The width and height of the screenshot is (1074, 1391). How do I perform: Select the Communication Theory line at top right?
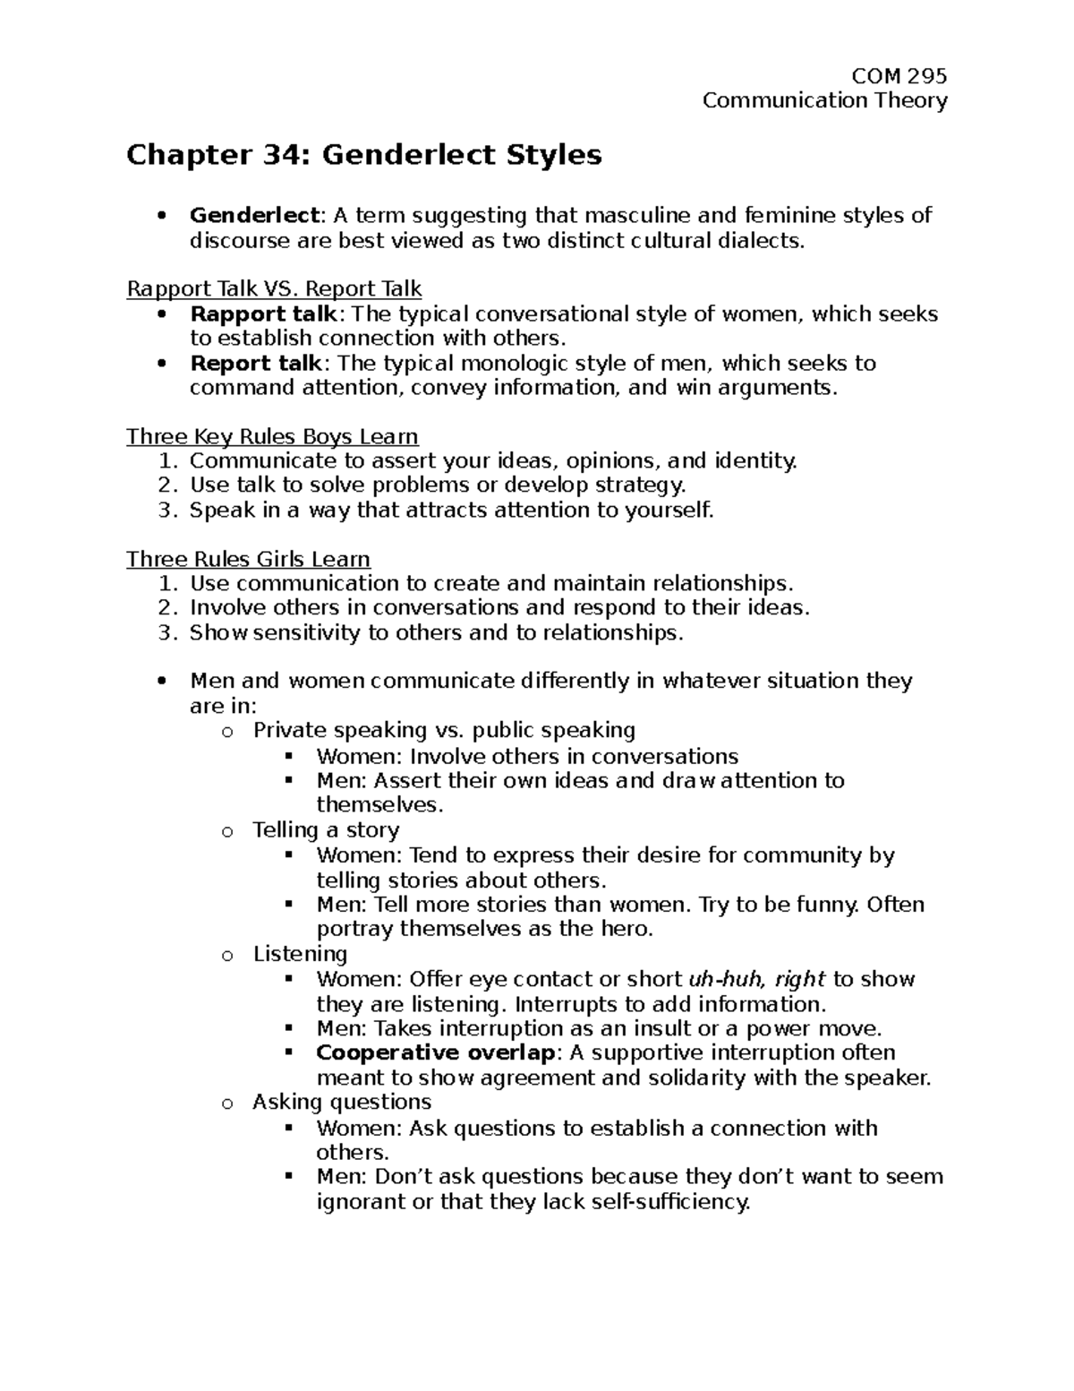point(824,100)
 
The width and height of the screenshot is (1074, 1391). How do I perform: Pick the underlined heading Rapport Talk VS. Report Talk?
point(274,289)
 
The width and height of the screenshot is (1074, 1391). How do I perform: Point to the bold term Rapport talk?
point(263,314)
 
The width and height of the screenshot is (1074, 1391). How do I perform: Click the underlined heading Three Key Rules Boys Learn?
point(272,436)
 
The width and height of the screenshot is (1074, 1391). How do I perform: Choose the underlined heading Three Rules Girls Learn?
point(248,560)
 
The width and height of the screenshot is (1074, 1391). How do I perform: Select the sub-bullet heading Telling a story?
point(326,830)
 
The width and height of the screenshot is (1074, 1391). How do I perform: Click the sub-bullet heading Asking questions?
point(342,1102)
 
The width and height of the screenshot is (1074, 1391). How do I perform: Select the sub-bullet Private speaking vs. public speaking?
point(444,730)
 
